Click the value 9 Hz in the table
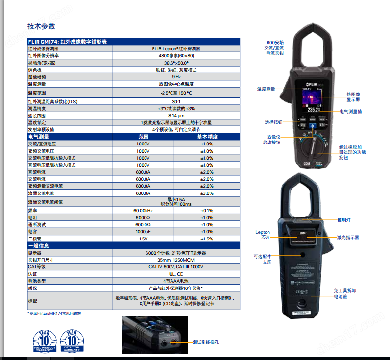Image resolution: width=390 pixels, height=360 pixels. tap(176, 77)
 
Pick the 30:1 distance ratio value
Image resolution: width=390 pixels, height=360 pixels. tap(176, 101)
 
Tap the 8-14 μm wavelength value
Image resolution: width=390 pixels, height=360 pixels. tap(176, 116)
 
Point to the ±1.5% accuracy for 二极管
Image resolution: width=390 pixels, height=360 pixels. tap(207, 239)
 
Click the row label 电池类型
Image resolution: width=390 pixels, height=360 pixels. tap(37, 281)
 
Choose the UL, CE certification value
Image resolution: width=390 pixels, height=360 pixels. tap(176, 274)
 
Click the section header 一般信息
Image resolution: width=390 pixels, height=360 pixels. tap(39, 246)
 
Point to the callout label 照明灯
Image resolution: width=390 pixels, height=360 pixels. tap(344, 220)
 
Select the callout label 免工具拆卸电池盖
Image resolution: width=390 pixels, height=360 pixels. tap(345, 293)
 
